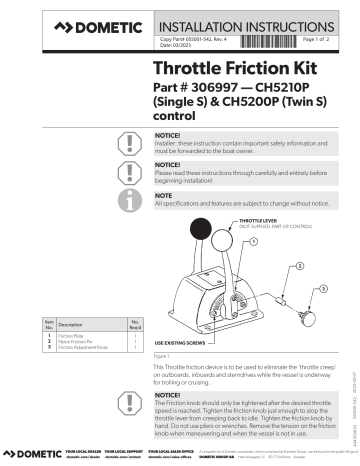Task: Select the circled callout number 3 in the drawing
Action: tap(322, 289)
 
